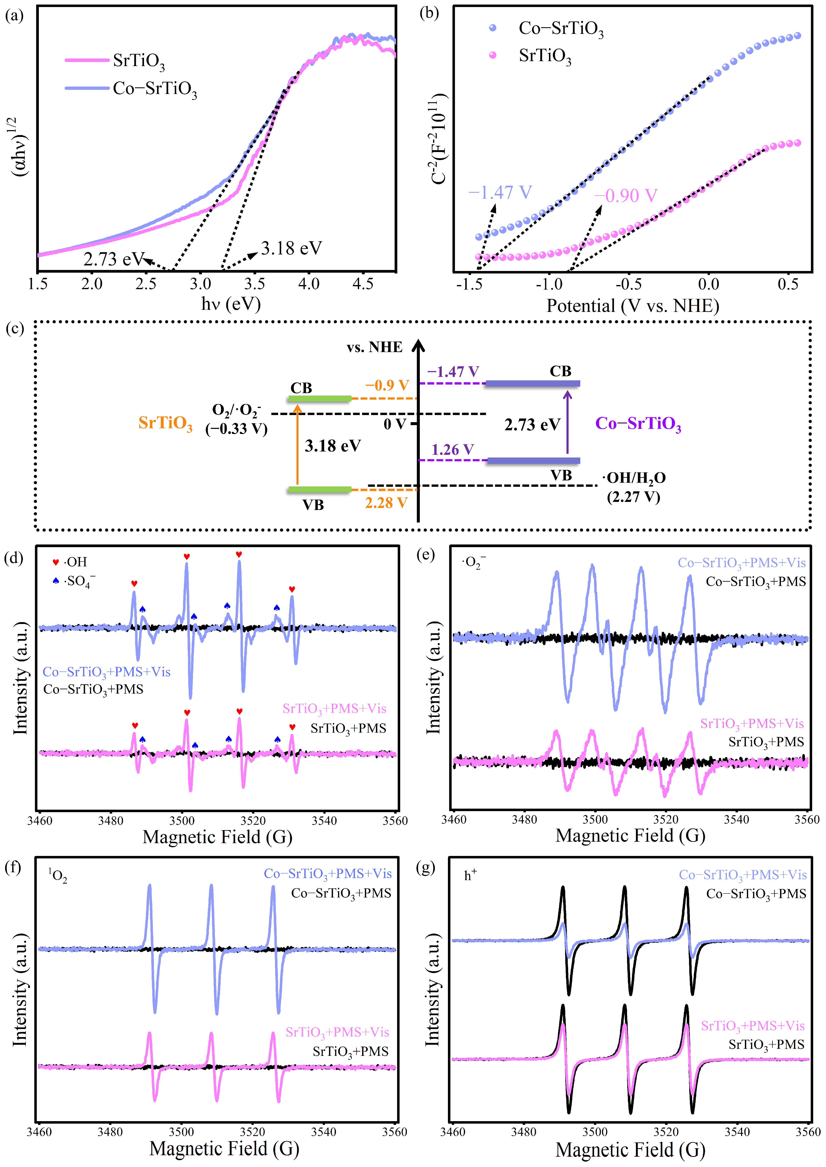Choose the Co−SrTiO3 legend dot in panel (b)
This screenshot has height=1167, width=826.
click(492, 28)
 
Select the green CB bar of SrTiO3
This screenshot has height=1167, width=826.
click(319, 398)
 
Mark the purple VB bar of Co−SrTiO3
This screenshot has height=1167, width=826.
click(533, 461)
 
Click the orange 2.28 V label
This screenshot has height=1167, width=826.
click(386, 503)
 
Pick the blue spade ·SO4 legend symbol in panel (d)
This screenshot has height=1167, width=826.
click(56, 581)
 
